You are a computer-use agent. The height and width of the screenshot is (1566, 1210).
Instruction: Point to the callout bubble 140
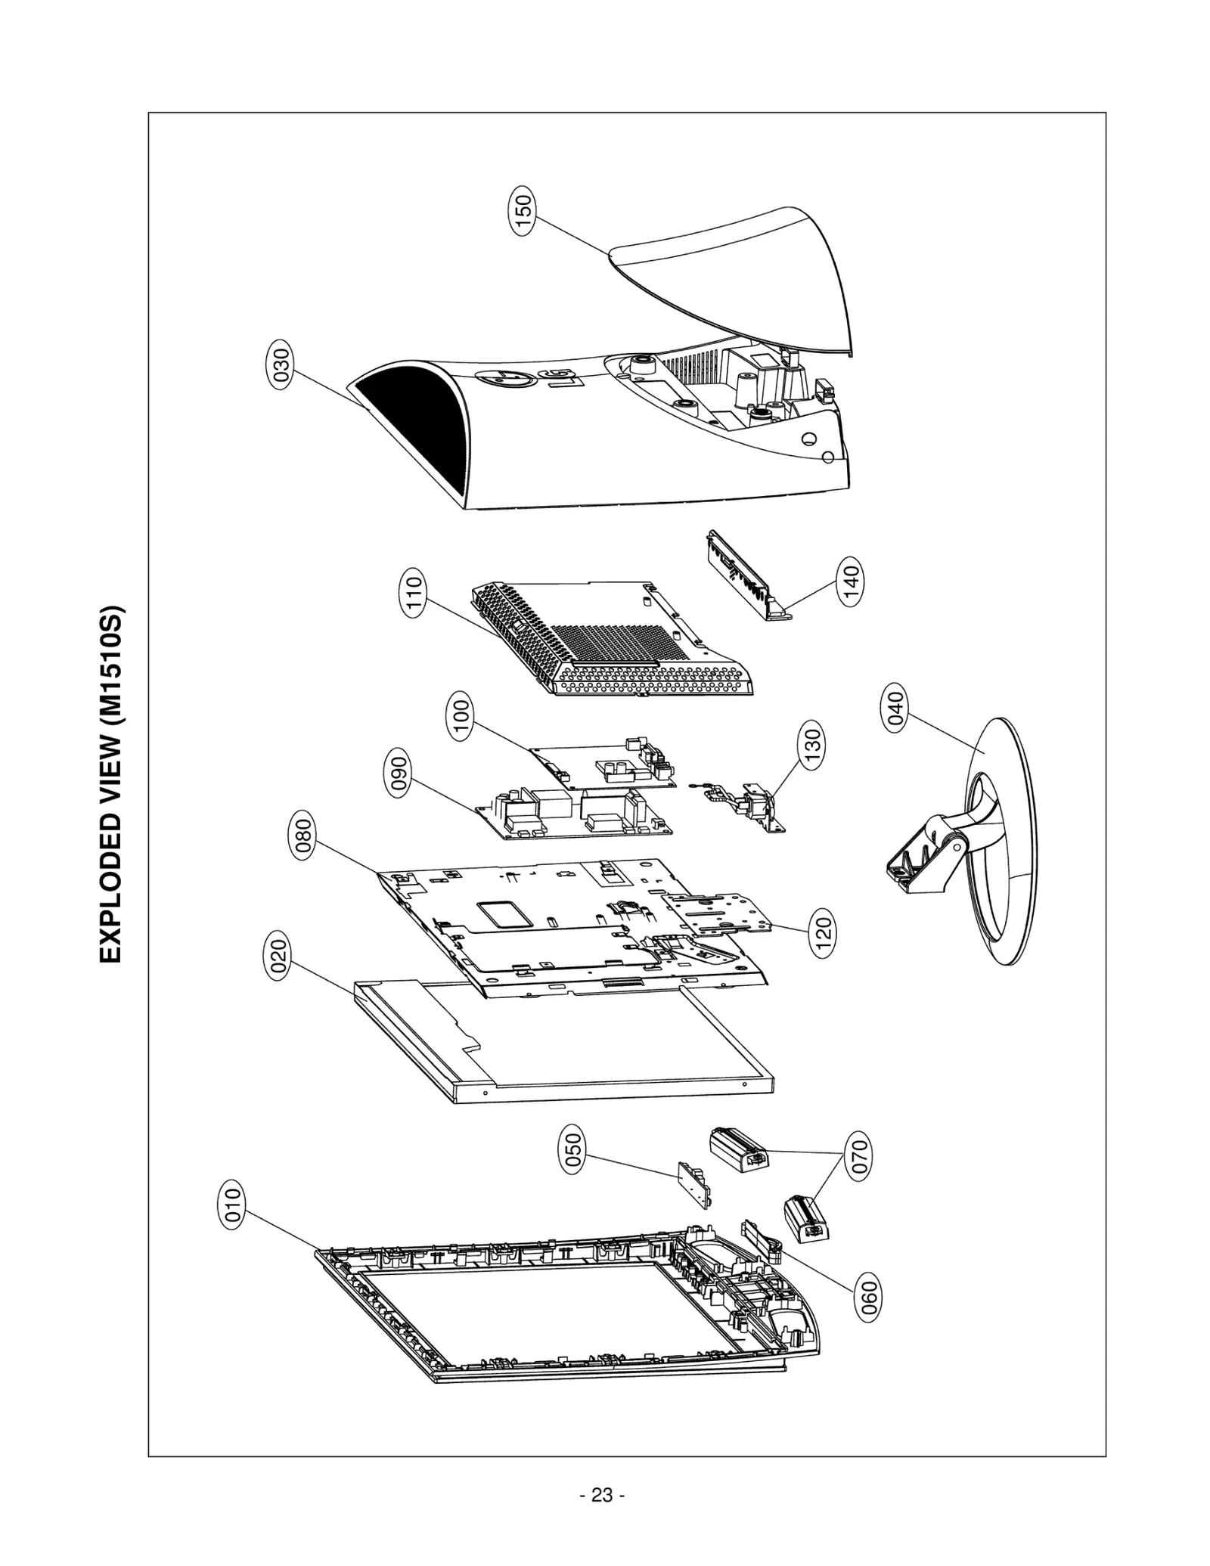point(850,583)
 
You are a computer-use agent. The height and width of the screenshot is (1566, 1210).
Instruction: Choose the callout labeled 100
point(461,718)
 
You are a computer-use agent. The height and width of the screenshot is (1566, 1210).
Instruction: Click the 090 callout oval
point(399,772)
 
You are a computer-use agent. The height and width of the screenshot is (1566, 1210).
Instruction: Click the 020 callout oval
point(279,957)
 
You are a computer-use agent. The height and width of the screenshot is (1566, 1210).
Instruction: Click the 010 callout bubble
point(234,1205)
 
